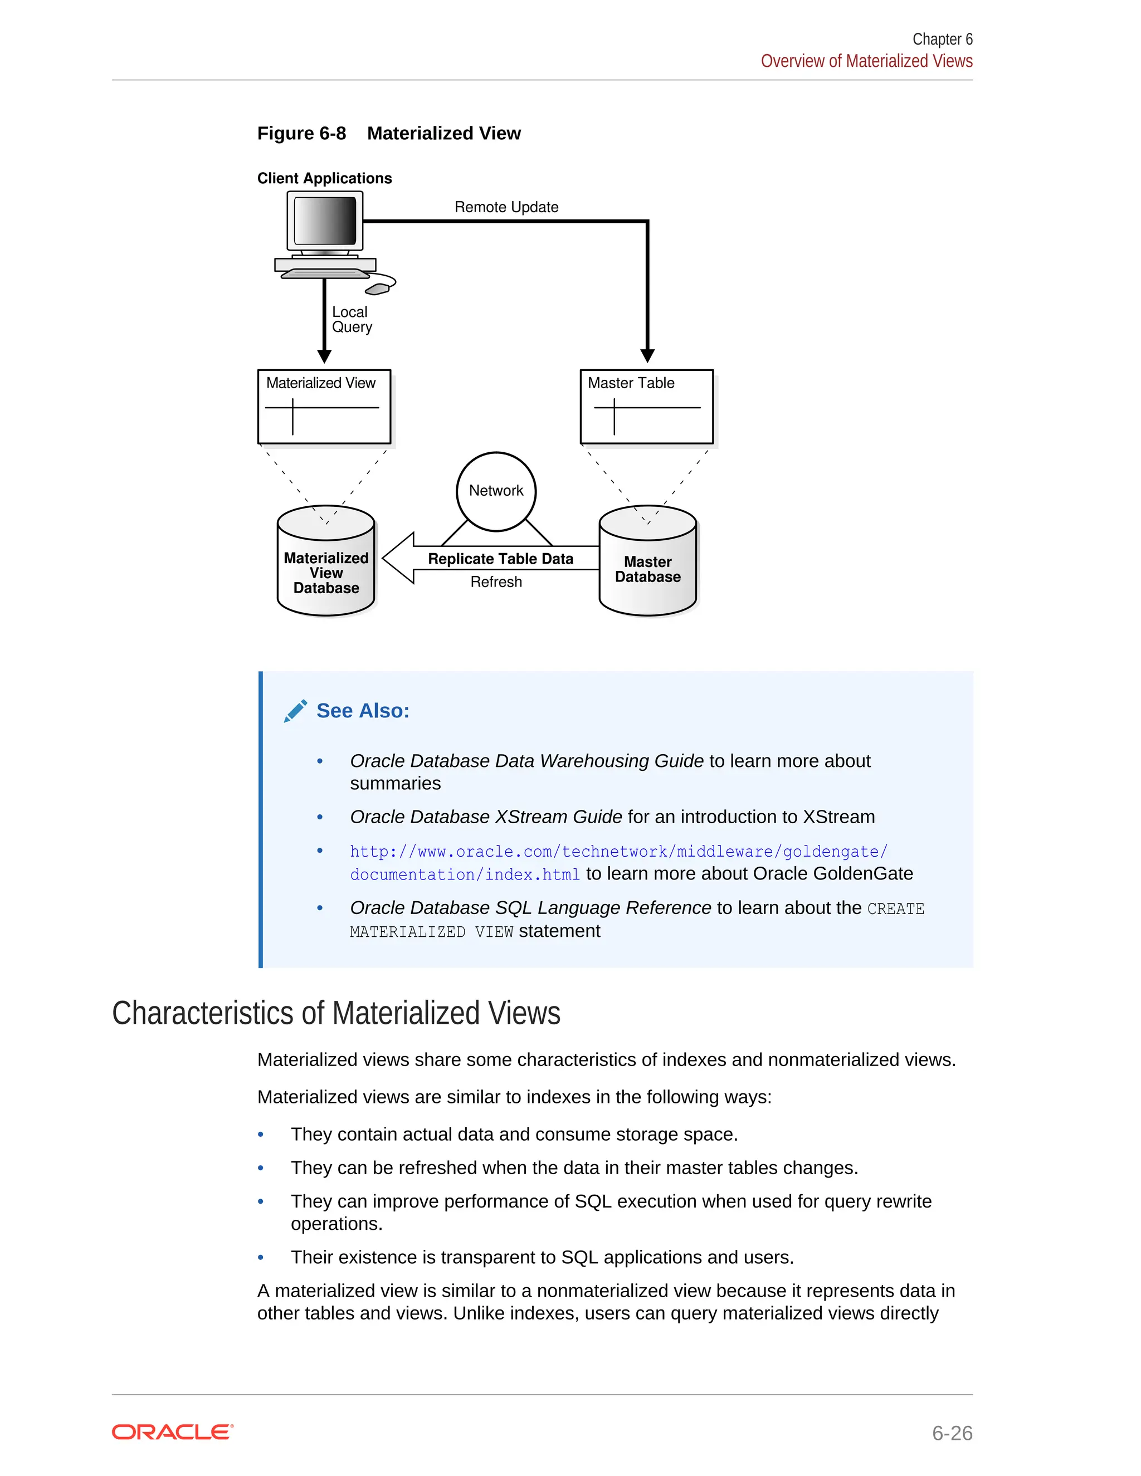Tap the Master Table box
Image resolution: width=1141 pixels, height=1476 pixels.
(x=646, y=406)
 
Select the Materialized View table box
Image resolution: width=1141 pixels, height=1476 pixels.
(x=324, y=406)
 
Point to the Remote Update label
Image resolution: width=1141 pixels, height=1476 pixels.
(x=506, y=207)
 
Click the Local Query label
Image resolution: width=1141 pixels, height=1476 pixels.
(x=352, y=320)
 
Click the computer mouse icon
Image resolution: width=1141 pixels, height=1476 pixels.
(x=377, y=289)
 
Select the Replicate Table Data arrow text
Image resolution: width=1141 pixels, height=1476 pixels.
(x=500, y=559)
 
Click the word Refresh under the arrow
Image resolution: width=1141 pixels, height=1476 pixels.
(x=496, y=582)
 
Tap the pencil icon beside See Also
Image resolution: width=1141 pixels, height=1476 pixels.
(x=295, y=711)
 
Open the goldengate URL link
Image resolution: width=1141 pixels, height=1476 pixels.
(x=618, y=852)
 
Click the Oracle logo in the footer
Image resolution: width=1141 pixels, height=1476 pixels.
(x=172, y=1432)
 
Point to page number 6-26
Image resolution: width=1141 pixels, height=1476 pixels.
(x=952, y=1433)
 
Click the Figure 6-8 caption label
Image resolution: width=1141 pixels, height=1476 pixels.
(x=301, y=133)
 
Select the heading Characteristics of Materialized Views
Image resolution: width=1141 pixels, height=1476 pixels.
(x=336, y=1013)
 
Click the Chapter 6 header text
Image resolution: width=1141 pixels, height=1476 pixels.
(x=942, y=39)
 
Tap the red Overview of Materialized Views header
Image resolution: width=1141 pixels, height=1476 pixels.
(x=866, y=61)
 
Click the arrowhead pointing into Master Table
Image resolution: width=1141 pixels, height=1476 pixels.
(x=647, y=355)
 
